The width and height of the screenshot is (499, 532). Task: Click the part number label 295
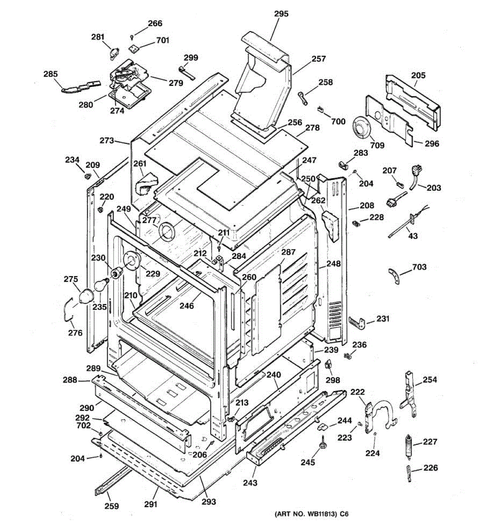coord(281,14)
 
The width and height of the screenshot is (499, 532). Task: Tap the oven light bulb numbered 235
coord(101,284)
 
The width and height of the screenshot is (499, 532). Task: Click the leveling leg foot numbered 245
coord(322,444)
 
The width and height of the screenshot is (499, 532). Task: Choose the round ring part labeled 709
coord(362,128)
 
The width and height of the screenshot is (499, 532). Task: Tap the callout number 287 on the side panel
coord(288,252)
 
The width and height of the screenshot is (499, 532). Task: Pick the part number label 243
coord(249,482)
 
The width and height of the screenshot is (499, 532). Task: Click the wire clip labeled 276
coord(67,308)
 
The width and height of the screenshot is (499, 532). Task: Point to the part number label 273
coord(106,141)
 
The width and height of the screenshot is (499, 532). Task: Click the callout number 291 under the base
coord(151,504)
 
